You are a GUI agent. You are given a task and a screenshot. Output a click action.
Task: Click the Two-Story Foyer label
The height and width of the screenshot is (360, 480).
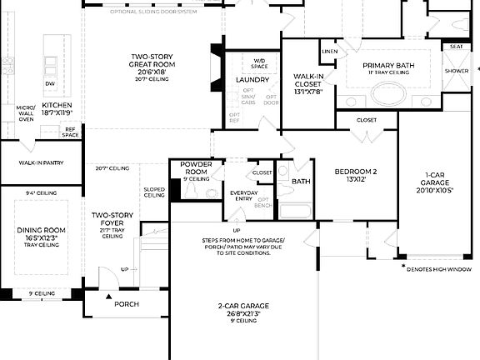[112, 220]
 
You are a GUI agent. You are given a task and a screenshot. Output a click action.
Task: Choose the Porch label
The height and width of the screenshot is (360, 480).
[127, 304]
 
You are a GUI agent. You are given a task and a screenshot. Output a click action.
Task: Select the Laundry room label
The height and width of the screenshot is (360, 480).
[252, 80]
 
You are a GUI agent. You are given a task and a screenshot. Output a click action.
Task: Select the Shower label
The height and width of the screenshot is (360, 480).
[456, 72]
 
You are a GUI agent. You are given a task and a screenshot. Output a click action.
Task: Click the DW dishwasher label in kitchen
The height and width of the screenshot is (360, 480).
[51, 83]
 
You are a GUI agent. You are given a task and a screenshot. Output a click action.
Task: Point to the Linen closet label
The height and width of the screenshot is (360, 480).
[329, 52]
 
